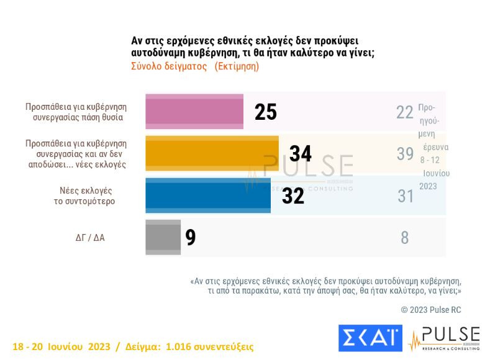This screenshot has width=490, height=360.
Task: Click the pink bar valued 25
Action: pyautogui.click(x=194, y=112)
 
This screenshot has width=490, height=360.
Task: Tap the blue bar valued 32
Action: pyautogui.click(x=208, y=195)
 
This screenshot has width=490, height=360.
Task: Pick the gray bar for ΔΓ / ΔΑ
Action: pyautogui.click(x=163, y=236)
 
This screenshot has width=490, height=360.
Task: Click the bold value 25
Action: pyautogui.click(x=265, y=112)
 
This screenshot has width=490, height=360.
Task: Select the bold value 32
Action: pyautogui.click(x=293, y=196)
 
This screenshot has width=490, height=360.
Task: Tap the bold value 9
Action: pyautogui.click(x=191, y=237)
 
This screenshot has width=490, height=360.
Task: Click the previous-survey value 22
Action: pyautogui.click(x=405, y=112)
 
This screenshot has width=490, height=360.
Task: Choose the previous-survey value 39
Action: pyautogui.click(x=405, y=154)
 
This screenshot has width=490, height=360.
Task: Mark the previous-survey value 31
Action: pyautogui.click(x=405, y=196)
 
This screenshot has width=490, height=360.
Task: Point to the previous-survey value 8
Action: pyautogui.click(x=405, y=237)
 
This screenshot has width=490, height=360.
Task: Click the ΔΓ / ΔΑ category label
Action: pyautogui.click(x=90, y=237)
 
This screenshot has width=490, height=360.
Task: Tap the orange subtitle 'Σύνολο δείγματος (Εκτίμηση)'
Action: pyautogui.click(x=194, y=66)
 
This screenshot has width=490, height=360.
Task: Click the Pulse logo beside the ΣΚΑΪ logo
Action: pyautogui.click(x=445, y=337)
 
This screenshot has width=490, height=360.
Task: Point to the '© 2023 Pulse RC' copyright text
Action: pyautogui.click(x=431, y=310)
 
